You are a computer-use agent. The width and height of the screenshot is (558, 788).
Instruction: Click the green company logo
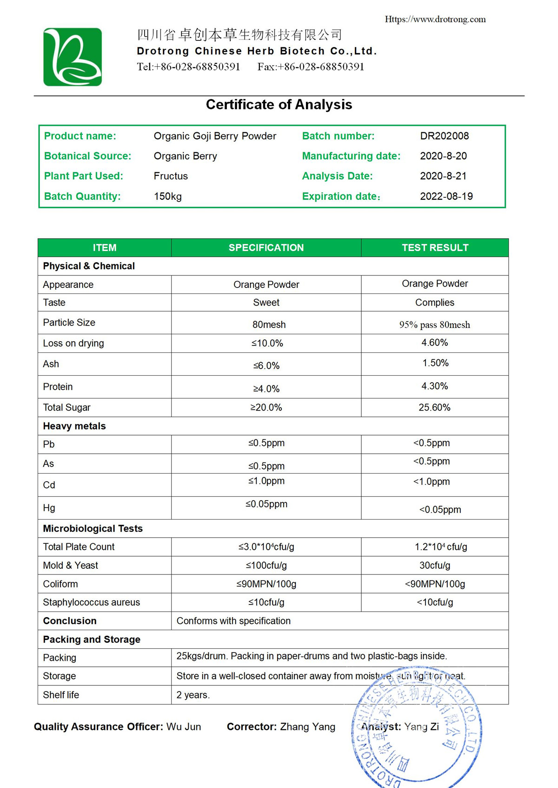[x=73, y=57]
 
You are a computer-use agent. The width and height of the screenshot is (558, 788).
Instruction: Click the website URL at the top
[x=435, y=20]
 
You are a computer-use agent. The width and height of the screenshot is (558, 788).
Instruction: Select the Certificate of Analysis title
[x=279, y=104]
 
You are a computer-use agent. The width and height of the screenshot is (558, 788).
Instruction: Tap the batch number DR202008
[x=444, y=136]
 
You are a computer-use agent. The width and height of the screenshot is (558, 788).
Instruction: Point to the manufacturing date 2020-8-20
[x=443, y=156]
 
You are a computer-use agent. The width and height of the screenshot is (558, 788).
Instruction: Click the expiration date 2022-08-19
[x=446, y=196]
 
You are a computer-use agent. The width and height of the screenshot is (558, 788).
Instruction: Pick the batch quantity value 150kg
[x=167, y=196]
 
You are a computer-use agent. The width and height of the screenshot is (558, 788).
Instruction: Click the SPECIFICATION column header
[x=266, y=248]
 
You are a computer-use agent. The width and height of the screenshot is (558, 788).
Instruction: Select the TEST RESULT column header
[x=435, y=248]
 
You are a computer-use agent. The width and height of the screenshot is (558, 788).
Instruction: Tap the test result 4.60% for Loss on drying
[x=434, y=343]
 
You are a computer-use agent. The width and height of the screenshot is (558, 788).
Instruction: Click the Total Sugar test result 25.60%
[x=434, y=408]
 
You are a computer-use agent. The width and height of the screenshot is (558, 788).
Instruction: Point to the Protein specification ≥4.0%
[x=266, y=389]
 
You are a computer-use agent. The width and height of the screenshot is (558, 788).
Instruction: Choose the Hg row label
[x=49, y=508]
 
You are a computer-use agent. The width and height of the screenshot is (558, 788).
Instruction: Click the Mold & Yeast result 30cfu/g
[x=434, y=566]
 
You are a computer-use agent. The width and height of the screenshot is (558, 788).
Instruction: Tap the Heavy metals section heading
[x=74, y=426]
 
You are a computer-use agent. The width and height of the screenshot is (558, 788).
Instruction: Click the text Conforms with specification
[x=233, y=621]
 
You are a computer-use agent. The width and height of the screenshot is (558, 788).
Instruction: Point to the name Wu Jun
[x=184, y=727]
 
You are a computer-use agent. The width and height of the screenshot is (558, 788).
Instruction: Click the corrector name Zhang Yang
[x=307, y=727]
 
